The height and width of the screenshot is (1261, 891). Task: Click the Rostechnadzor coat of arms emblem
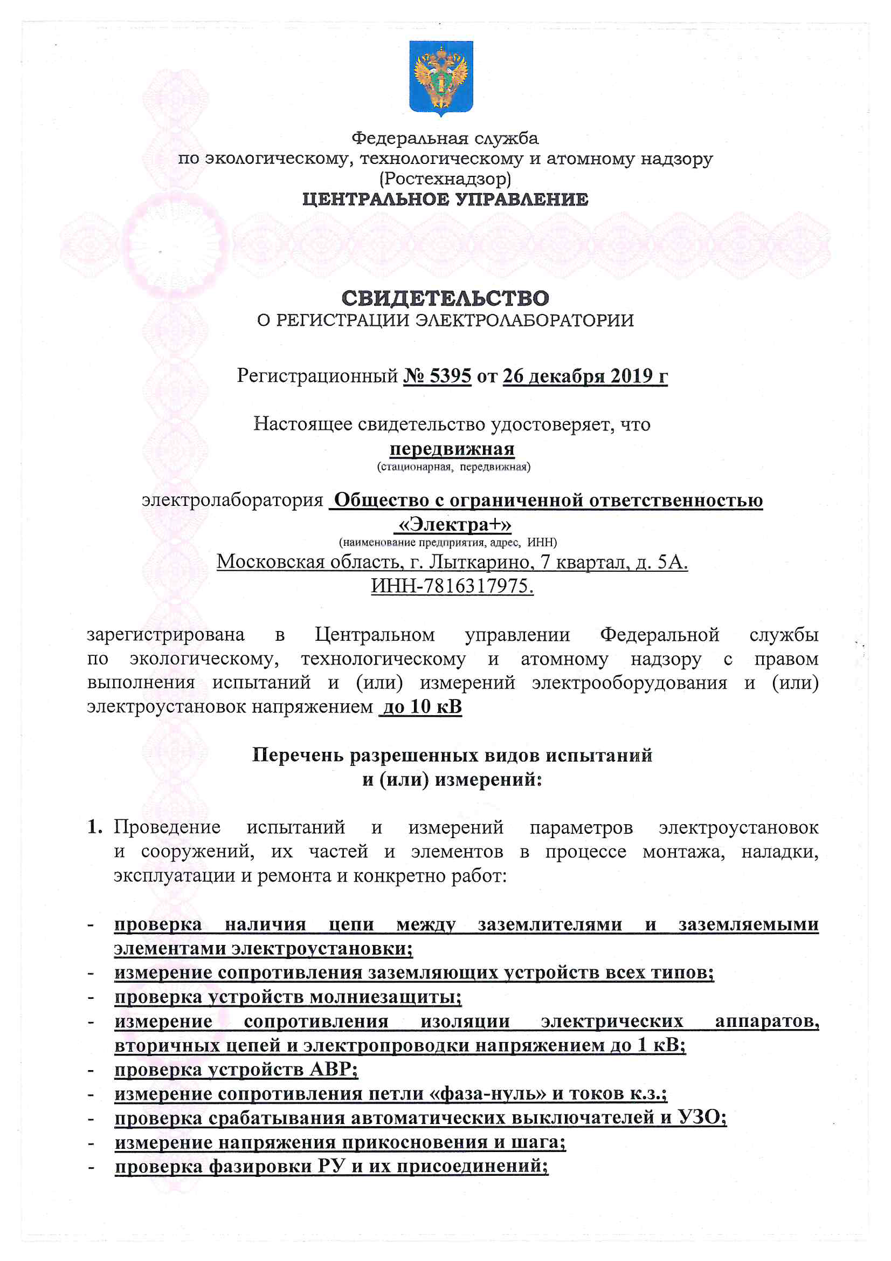pos(441,77)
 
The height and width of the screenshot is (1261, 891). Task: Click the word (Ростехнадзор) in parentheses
pos(445,179)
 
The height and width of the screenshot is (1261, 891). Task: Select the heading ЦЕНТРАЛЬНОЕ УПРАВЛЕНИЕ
pos(445,200)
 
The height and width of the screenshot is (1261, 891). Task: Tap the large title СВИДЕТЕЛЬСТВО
pos(445,298)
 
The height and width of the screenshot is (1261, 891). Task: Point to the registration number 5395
pos(450,376)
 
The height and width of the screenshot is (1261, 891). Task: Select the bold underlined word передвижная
pos(452,449)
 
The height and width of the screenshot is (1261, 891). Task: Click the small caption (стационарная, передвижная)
pos(453,468)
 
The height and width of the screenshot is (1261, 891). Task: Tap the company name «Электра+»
pos(453,525)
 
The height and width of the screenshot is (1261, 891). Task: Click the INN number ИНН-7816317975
pos(452,586)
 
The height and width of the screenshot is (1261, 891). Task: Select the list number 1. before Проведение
pos(94,827)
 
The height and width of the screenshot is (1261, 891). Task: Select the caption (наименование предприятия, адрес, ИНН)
pos(447,543)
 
